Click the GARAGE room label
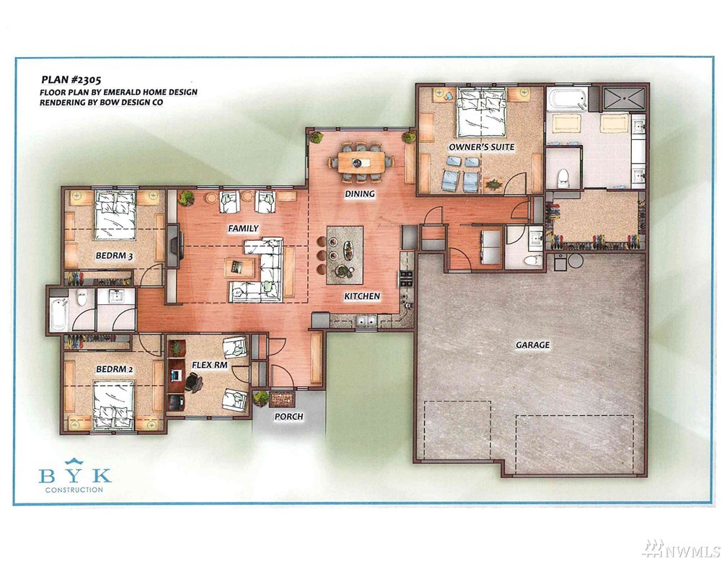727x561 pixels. click(533, 345)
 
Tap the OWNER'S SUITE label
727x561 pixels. click(481, 147)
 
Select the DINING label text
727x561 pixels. click(360, 194)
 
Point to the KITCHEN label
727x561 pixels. click(362, 296)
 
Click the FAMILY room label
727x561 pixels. click(243, 228)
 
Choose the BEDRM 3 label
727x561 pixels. click(115, 255)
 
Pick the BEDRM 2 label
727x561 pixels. click(115, 369)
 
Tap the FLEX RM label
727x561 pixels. click(210, 365)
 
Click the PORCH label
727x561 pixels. click(288, 417)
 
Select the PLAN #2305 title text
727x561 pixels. click(71, 80)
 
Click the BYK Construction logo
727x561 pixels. click(75, 475)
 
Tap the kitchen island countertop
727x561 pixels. click(345, 255)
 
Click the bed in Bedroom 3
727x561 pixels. click(115, 216)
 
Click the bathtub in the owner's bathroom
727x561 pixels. click(567, 100)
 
